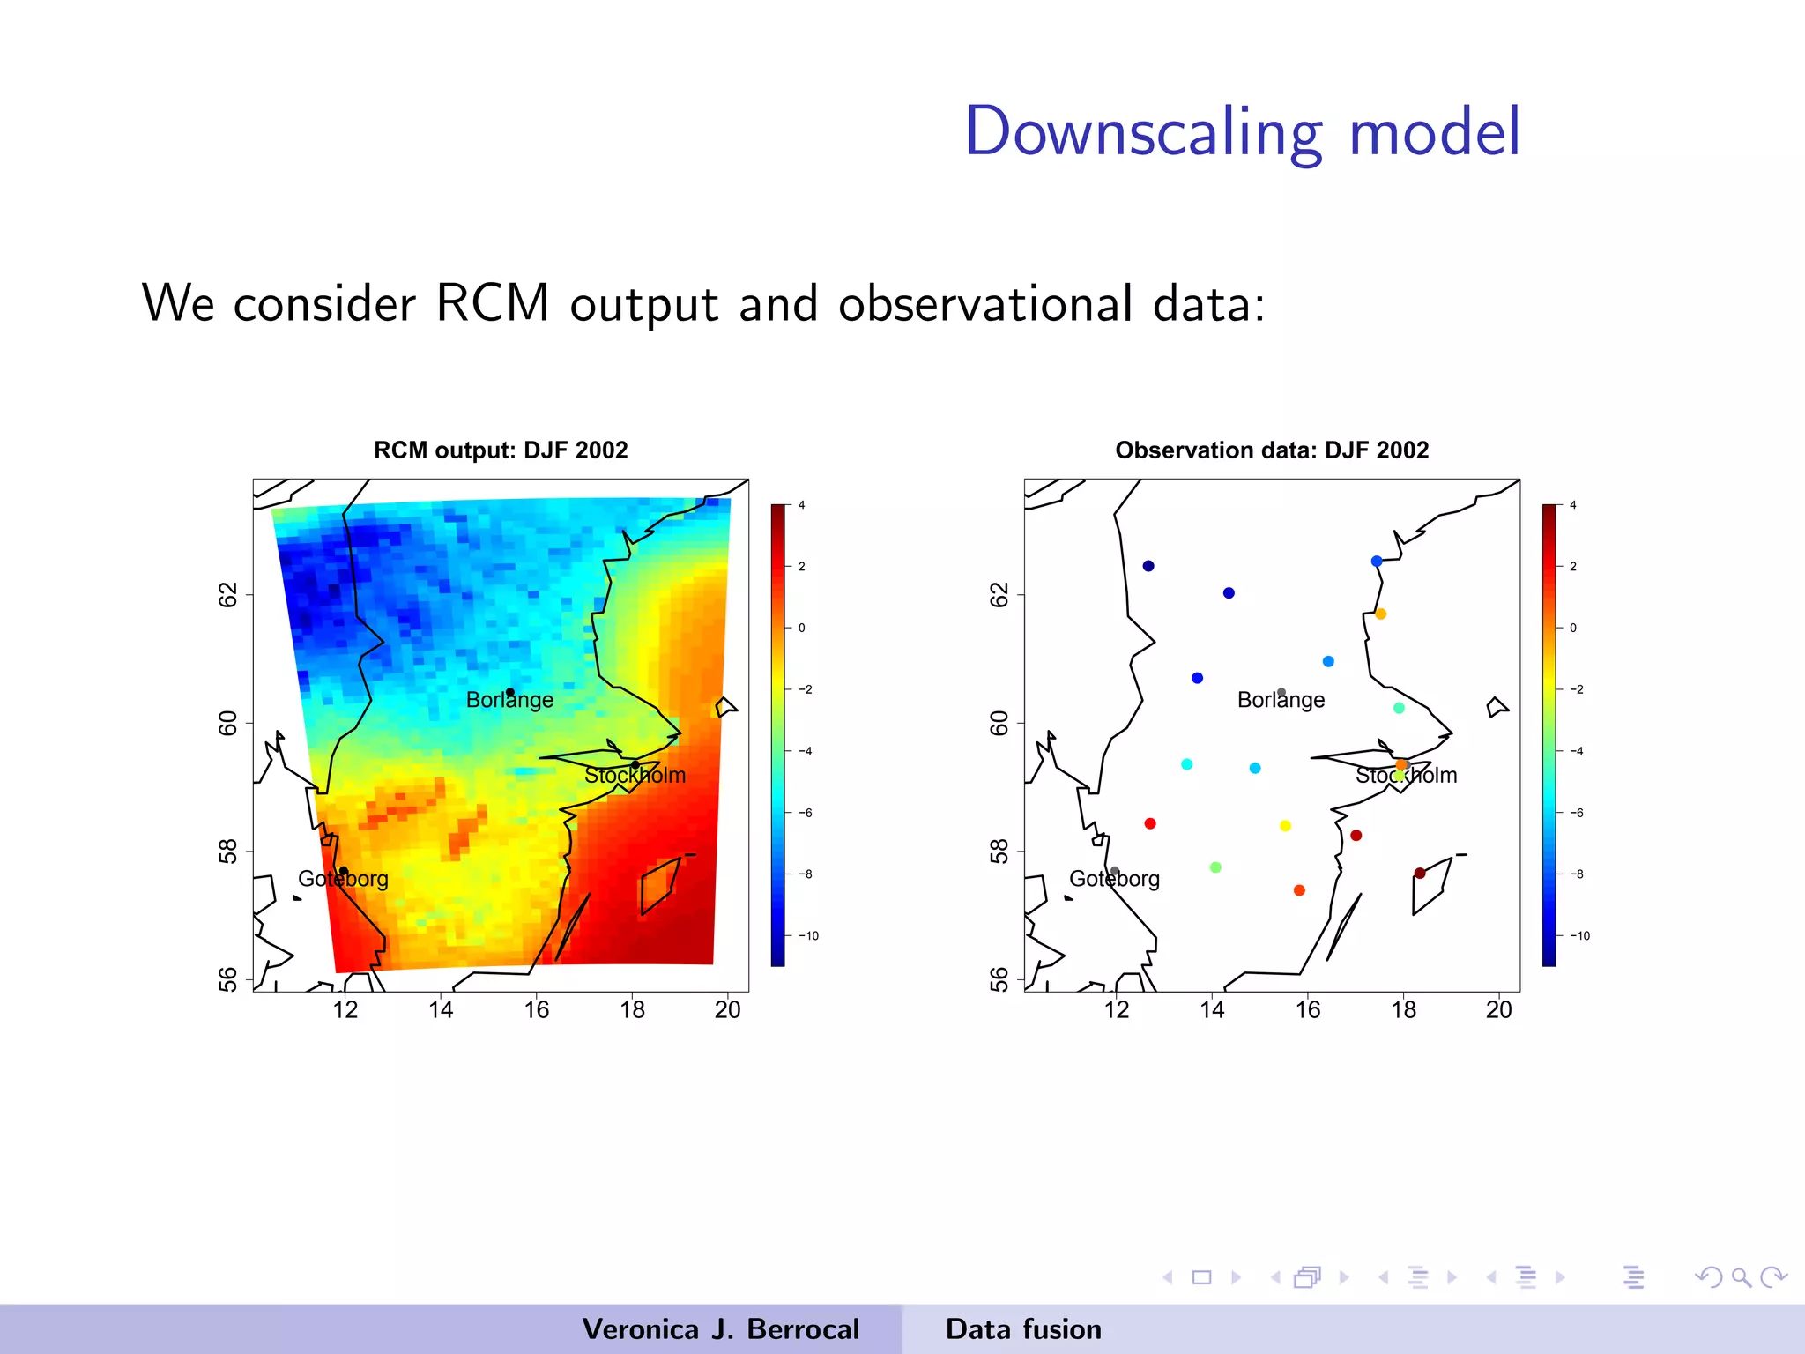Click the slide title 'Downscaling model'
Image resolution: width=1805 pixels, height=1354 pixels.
(x=1243, y=132)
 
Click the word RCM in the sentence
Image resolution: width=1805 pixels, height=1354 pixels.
(x=492, y=303)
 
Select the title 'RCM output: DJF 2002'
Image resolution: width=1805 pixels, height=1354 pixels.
(x=501, y=450)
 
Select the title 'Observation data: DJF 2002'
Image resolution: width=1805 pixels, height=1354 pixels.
(x=1272, y=450)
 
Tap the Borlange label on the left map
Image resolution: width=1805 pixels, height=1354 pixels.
(x=509, y=701)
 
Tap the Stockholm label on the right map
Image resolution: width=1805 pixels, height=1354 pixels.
(x=1406, y=776)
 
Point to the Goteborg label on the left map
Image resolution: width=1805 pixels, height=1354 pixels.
(x=343, y=879)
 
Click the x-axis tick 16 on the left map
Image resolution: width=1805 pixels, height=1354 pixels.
(x=537, y=1010)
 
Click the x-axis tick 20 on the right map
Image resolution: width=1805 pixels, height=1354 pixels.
(x=1498, y=1010)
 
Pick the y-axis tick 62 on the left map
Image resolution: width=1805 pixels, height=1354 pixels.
(x=228, y=595)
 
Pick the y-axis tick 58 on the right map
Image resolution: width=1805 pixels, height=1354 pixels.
(x=999, y=852)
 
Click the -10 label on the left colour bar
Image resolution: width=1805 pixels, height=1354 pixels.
(x=809, y=936)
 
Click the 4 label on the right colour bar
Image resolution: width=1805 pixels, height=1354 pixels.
(x=1573, y=505)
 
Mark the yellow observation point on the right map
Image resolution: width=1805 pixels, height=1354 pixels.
(x=1285, y=826)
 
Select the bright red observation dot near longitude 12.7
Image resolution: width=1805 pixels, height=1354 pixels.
(x=1150, y=823)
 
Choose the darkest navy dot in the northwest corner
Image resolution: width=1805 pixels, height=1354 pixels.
(x=1148, y=566)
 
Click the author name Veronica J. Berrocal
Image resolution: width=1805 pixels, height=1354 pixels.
(x=720, y=1329)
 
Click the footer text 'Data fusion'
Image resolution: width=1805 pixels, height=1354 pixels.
(x=1023, y=1329)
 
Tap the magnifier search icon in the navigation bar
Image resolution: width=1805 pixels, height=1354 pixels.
(x=1741, y=1277)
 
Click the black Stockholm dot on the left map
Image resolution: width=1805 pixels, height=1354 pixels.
(x=635, y=764)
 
